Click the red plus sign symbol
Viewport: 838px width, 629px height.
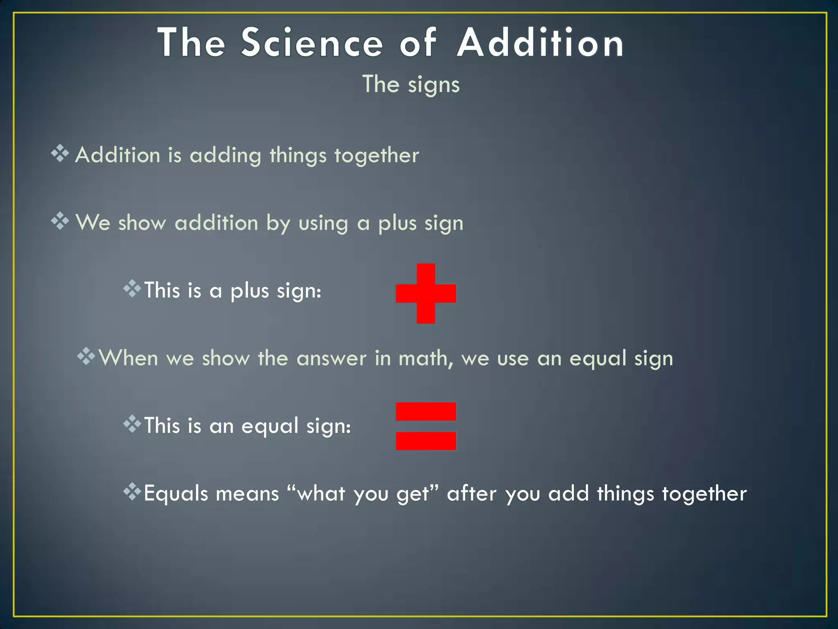(426, 293)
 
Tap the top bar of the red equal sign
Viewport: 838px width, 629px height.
(426, 411)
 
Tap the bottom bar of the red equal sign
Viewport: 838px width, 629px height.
(426, 441)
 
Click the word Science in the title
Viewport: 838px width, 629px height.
(312, 43)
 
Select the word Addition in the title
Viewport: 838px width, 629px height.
(540, 43)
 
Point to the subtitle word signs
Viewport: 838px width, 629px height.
(434, 85)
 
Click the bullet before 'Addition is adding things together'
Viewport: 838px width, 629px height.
(60, 154)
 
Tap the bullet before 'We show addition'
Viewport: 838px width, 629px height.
(60, 221)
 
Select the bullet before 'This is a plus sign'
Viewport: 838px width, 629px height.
(132, 289)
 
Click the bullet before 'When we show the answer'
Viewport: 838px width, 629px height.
(86, 356)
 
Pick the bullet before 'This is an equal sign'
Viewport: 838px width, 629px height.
(132, 424)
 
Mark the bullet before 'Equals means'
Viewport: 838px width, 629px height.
(132, 491)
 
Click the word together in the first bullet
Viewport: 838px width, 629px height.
(376, 156)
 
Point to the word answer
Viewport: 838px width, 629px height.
(331, 359)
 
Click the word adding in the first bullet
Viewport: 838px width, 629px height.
(225, 156)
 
